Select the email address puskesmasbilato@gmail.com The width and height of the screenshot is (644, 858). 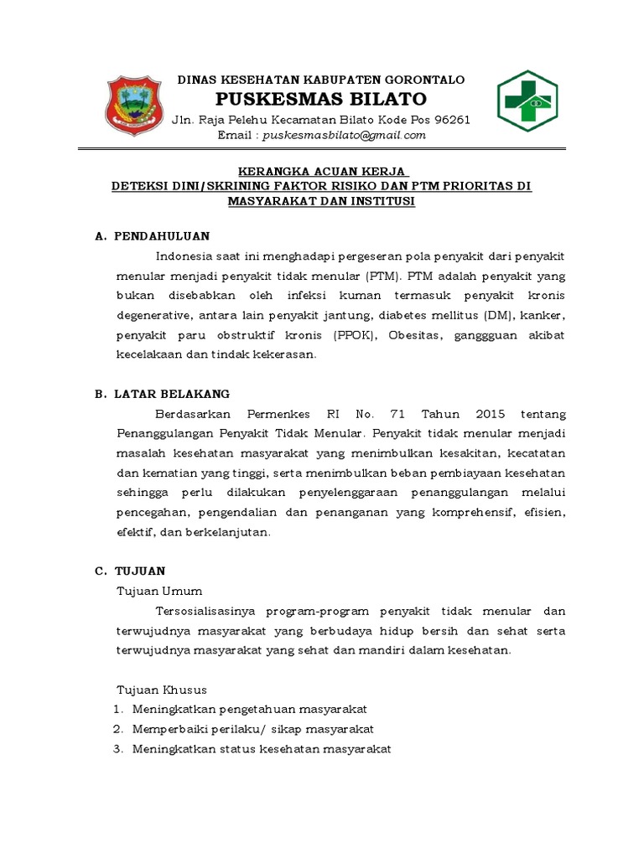(x=345, y=135)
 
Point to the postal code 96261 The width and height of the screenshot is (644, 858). (x=451, y=119)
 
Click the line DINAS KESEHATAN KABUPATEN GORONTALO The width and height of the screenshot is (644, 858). (x=321, y=80)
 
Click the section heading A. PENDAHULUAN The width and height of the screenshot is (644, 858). (x=152, y=235)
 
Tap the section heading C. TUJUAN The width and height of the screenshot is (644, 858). (x=129, y=571)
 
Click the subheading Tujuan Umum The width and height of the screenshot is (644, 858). (x=158, y=591)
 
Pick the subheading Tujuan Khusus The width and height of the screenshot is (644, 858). (x=160, y=690)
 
